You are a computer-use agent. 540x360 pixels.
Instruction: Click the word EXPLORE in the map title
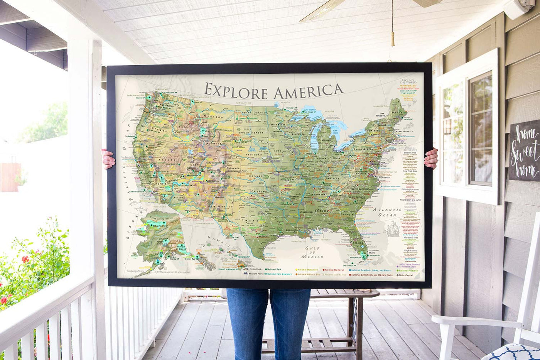pos(236,92)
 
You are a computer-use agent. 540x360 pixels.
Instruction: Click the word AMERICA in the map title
pos(308,91)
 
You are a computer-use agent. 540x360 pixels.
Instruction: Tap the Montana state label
pos(215,116)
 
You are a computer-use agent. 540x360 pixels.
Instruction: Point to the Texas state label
pos(251,221)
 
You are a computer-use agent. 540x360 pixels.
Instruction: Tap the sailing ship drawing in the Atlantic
pos(393,228)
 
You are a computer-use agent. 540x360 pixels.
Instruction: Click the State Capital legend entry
pos(406,275)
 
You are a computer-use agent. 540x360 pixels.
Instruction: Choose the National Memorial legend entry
pos(334,269)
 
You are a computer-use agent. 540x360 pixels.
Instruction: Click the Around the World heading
pos(408,81)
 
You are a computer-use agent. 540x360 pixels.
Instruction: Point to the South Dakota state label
pos(251,132)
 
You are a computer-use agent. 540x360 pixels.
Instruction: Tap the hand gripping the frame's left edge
pos(108,159)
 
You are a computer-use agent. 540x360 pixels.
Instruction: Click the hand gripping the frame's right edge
pos(431,158)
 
